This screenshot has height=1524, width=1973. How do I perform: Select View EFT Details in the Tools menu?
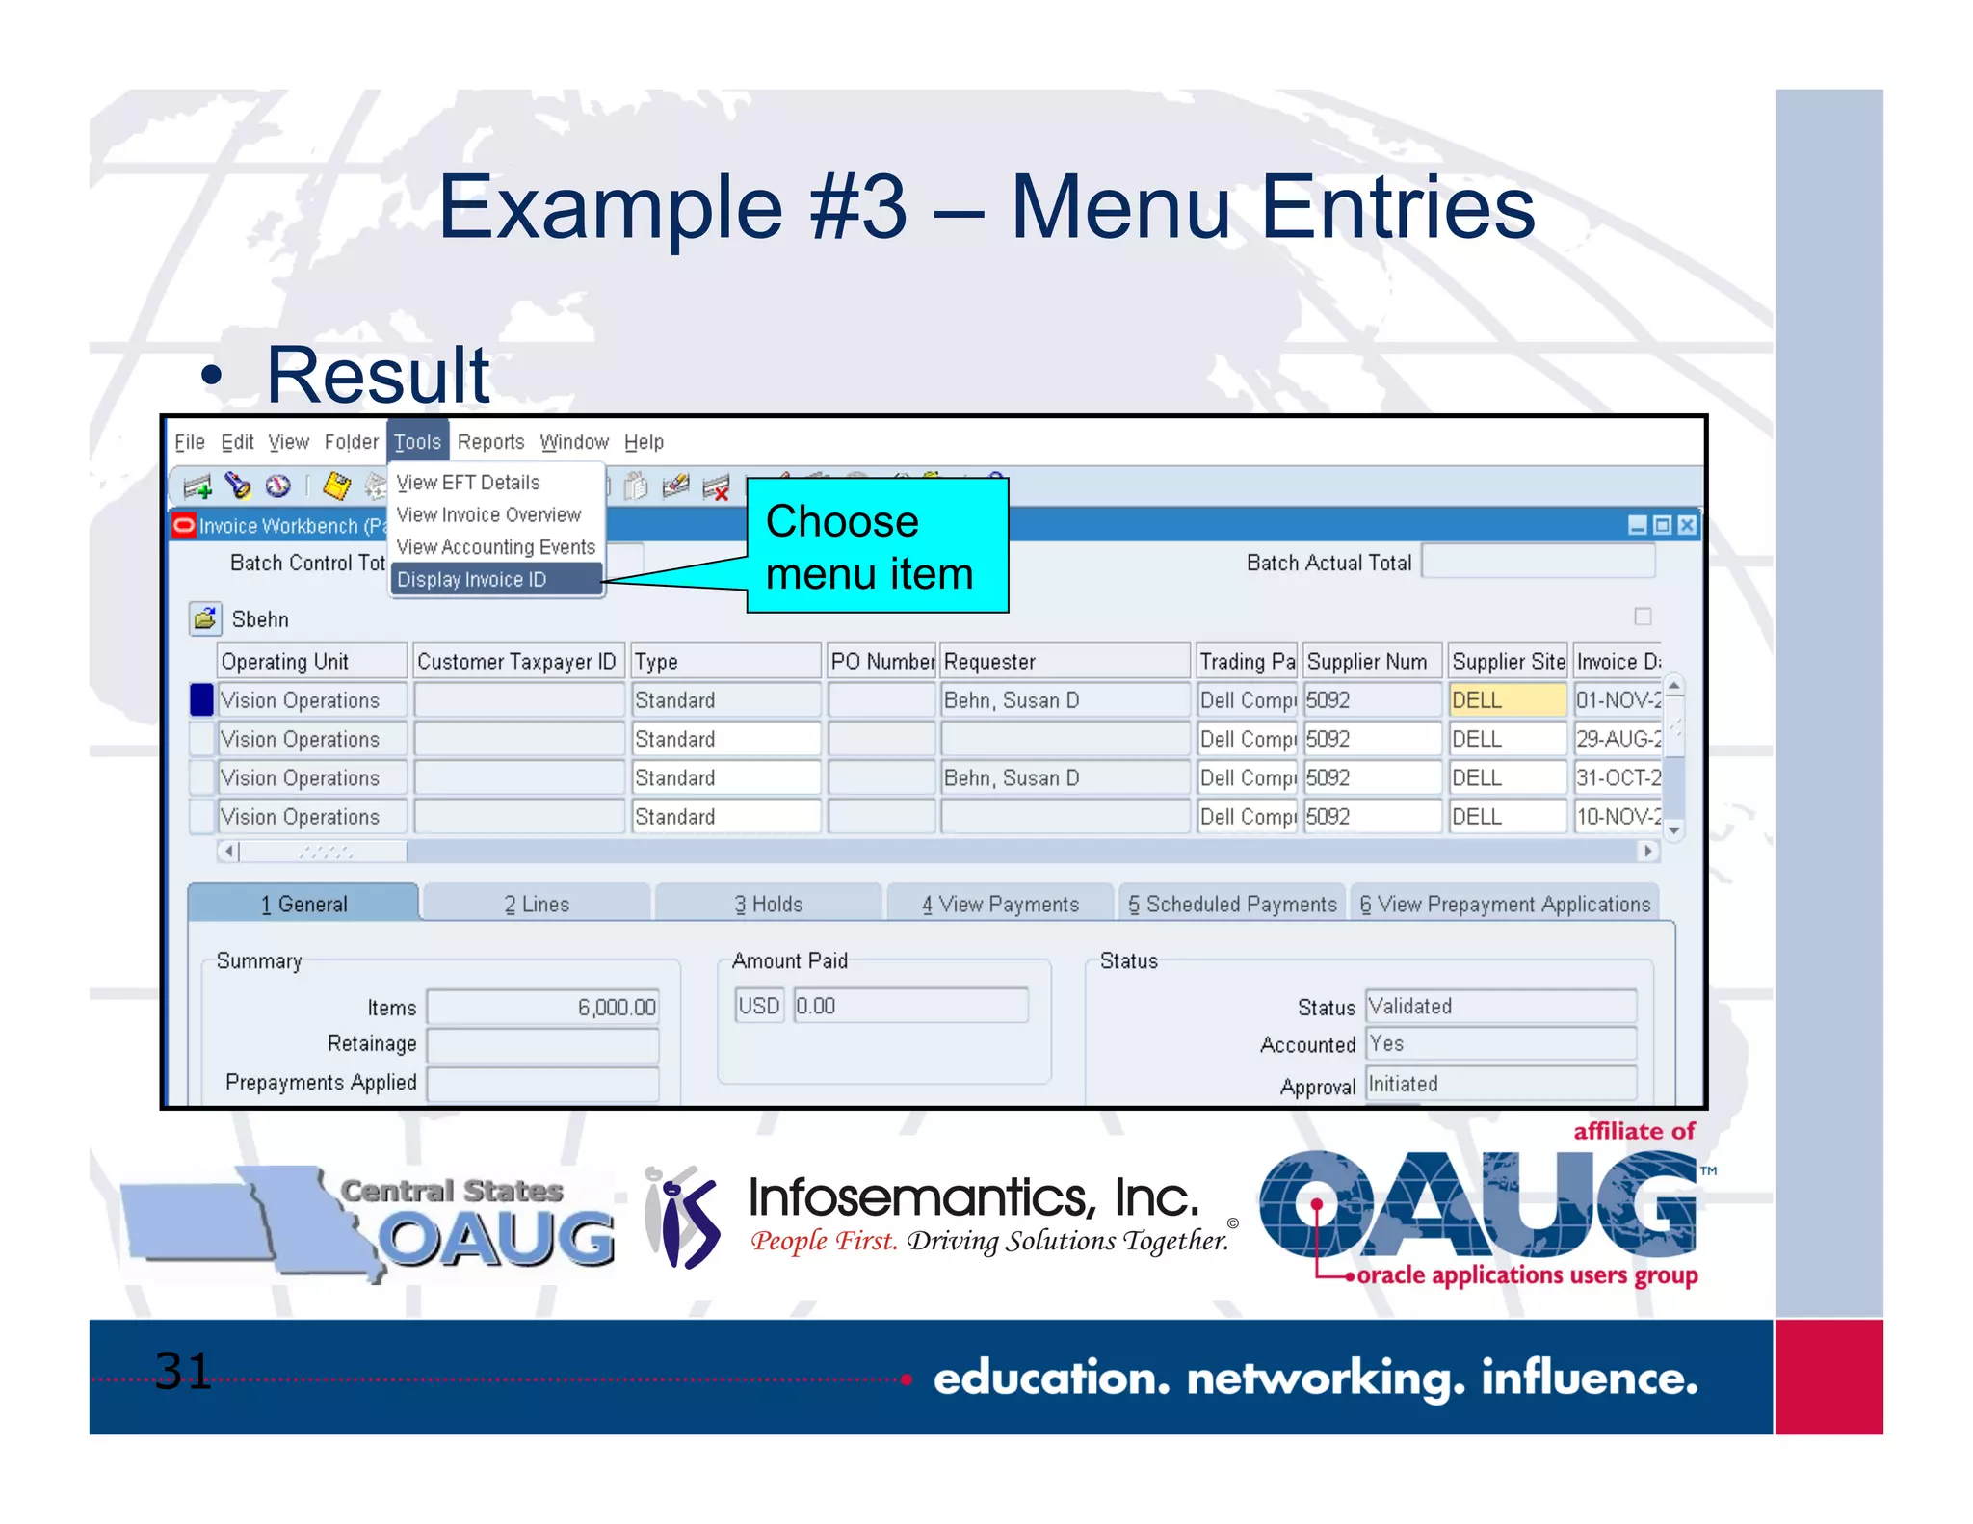click(x=468, y=482)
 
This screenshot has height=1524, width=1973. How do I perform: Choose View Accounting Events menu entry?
click(x=495, y=547)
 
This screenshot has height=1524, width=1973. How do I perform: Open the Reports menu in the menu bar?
click(x=490, y=442)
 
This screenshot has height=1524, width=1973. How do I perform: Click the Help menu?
click(x=644, y=442)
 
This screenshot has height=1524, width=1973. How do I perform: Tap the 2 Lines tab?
click(x=537, y=904)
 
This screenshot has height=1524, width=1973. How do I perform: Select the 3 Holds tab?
click(x=768, y=904)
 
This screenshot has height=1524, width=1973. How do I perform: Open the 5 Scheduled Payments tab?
click(x=1232, y=904)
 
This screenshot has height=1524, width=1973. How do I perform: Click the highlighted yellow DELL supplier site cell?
click(x=1507, y=700)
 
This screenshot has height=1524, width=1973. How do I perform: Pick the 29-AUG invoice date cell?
click(x=1618, y=739)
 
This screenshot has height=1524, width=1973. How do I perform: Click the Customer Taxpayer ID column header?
click(x=516, y=662)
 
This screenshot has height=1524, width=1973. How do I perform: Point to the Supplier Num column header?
click(x=1368, y=662)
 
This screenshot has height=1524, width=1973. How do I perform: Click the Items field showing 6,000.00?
click(x=543, y=1007)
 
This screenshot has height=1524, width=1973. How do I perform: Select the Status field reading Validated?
click(x=1500, y=1006)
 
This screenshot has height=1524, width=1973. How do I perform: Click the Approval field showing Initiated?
click(x=1500, y=1084)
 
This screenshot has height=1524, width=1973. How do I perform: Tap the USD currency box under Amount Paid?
click(x=759, y=1006)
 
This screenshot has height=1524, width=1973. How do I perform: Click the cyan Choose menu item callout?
click(x=877, y=546)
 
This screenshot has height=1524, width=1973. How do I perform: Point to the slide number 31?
click(x=182, y=1370)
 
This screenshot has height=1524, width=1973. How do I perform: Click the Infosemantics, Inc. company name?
click(x=974, y=1197)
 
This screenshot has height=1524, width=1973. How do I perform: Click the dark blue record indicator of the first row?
click(x=201, y=700)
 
